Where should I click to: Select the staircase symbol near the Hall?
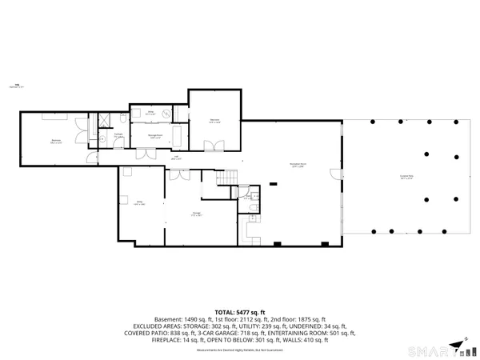click(231, 177)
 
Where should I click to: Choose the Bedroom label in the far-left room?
click(57, 142)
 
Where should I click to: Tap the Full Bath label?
click(118, 136)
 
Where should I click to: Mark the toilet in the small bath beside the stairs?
click(253, 209)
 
